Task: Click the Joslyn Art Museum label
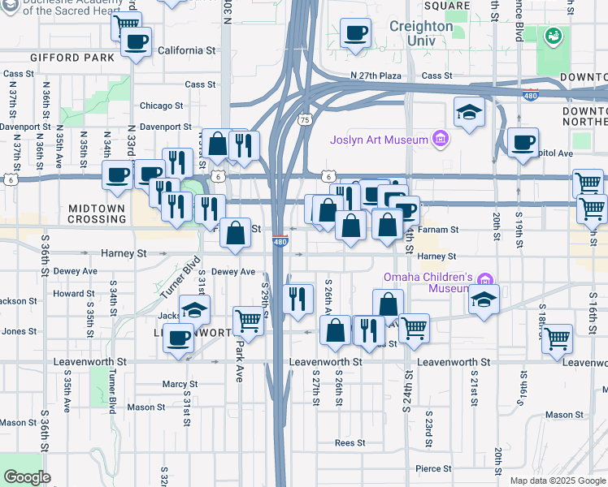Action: [x=379, y=140]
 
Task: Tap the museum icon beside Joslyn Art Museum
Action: [x=441, y=140]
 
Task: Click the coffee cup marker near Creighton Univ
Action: [x=355, y=34]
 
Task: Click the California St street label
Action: [x=187, y=50]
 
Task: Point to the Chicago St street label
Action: [x=161, y=106]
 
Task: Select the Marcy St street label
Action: [x=180, y=384]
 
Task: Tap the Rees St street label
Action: [x=350, y=443]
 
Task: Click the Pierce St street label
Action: [x=433, y=468]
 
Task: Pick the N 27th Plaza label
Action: [x=376, y=75]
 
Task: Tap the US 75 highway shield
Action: [x=305, y=119]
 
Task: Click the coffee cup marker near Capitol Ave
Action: [x=523, y=142]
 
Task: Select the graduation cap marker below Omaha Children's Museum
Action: [x=484, y=299]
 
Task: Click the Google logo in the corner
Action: [x=27, y=477]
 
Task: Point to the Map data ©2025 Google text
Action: [x=558, y=481]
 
